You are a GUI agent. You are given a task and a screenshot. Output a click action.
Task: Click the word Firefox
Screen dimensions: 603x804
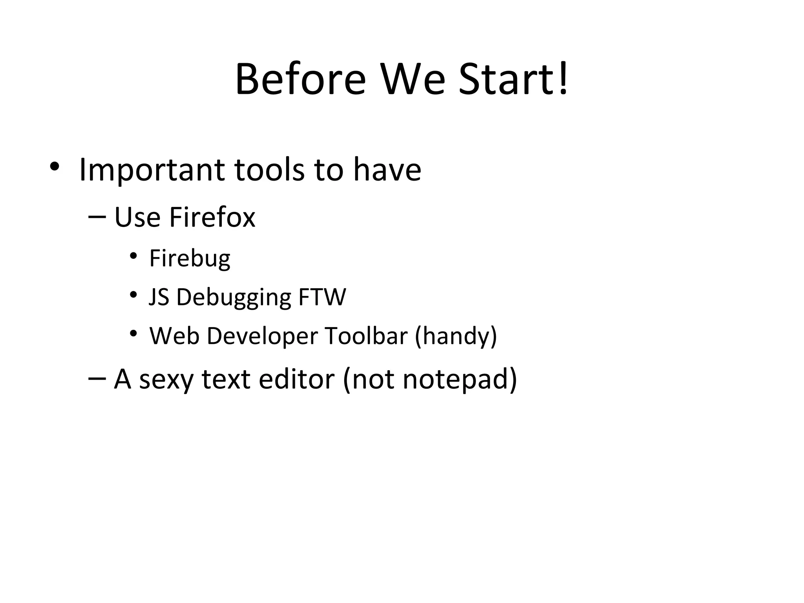[x=212, y=217]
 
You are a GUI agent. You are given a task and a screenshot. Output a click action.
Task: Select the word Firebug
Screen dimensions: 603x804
[x=190, y=259]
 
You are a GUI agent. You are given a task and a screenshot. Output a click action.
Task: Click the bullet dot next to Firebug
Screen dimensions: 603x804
[x=133, y=256]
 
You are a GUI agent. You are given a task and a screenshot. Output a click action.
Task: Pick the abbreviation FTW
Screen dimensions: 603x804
[x=322, y=297]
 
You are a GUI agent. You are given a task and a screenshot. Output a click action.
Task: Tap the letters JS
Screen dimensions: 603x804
[x=159, y=297]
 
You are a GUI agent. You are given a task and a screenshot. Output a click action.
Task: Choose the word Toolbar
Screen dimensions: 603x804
[x=366, y=336]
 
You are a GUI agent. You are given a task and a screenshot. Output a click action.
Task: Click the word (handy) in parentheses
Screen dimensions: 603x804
[x=456, y=337]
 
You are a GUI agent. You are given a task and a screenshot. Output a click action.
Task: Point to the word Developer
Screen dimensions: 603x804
[x=262, y=337]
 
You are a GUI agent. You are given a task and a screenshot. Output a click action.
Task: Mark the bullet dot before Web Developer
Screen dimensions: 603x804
[x=133, y=334]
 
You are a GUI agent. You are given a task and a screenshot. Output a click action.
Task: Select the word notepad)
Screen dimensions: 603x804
[x=460, y=380]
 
